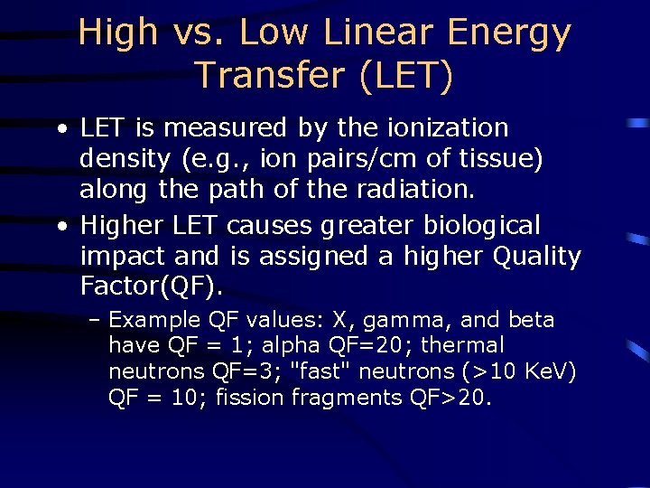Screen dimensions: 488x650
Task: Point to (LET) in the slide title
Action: (405, 75)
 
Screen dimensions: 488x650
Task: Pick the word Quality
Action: (537, 256)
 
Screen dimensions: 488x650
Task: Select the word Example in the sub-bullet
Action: (154, 320)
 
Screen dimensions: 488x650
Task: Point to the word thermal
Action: (468, 345)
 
